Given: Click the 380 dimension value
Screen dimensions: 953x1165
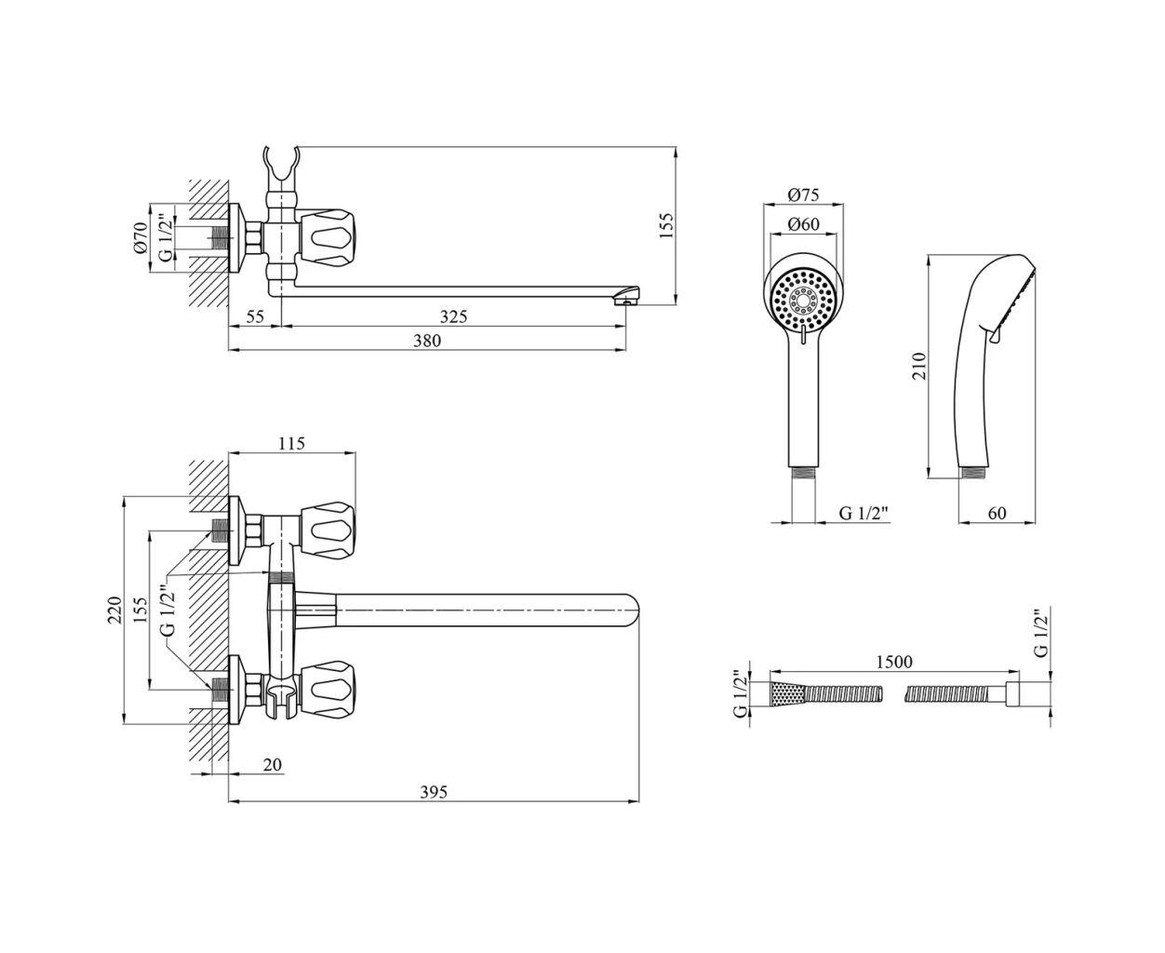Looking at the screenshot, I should tap(426, 341).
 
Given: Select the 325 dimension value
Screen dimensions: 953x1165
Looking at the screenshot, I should tap(453, 316).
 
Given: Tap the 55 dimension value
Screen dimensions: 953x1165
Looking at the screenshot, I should tap(256, 316).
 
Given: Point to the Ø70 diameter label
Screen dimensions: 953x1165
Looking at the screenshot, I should tap(141, 237).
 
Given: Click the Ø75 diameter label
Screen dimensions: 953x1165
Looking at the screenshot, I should tap(802, 195).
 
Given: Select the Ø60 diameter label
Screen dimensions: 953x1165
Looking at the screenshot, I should tap(802, 224).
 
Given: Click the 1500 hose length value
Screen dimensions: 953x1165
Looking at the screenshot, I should tap(892, 662).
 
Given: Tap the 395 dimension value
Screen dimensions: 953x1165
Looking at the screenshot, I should tap(434, 792).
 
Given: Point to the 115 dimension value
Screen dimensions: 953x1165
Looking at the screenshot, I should tap(291, 444).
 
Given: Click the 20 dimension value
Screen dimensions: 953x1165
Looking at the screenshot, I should tap(272, 765).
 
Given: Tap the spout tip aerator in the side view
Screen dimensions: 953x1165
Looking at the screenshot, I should tap(629, 298).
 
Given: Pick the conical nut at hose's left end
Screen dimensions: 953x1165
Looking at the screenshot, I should tap(783, 694).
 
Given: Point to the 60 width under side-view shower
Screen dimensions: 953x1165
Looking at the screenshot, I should tap(997, 513).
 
